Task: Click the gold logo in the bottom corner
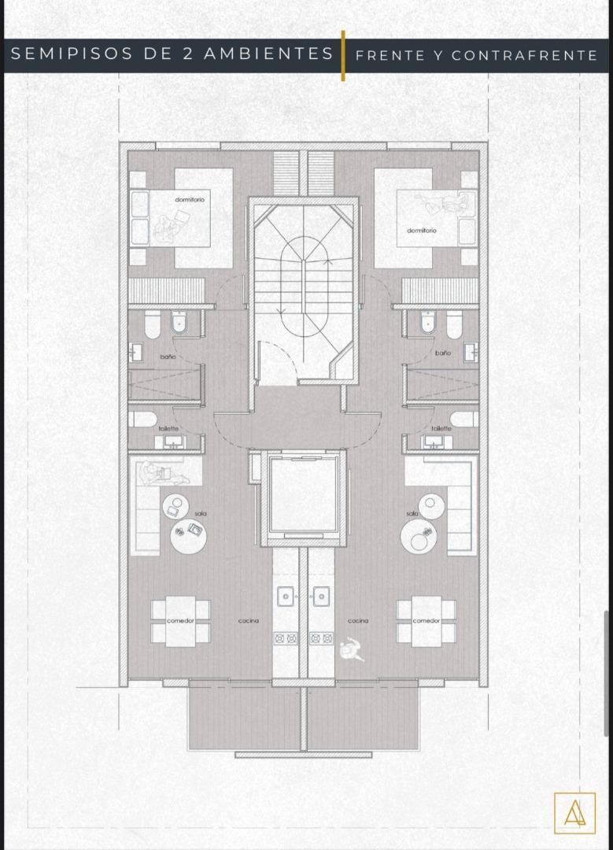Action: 574,812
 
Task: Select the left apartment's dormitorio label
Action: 190,200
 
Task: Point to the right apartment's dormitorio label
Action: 422,231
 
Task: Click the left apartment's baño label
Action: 168,357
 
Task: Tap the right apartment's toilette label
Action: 441,428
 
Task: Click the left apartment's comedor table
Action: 180,621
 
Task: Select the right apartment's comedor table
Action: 427,621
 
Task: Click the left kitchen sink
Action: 285,597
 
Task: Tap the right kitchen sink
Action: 321,597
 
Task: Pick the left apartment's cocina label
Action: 249,621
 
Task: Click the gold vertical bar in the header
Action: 343,55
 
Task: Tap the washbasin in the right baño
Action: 471,352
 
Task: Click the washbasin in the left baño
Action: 135,352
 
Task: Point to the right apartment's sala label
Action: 412,513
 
